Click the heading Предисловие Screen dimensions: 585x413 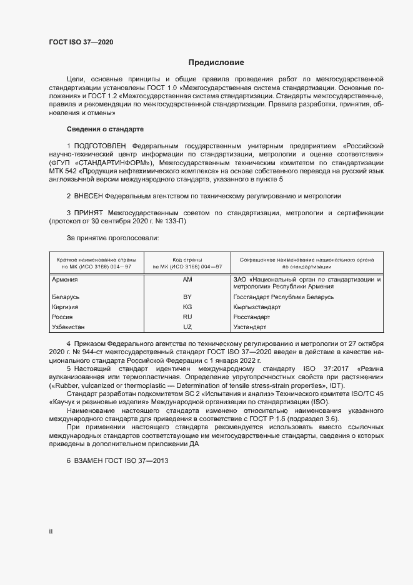tap(216, 63)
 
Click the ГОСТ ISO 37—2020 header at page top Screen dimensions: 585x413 tap(81, 42)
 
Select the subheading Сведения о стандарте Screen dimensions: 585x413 tap(105, 129)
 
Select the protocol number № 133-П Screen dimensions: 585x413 tap(171, 221)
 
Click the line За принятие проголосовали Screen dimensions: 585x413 tap(112, 238)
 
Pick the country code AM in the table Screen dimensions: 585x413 tap(187, 280)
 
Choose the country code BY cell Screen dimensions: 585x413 tap(187, 297)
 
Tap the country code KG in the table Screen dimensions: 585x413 tap(187, 307)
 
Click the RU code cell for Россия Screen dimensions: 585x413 tap(187, 317)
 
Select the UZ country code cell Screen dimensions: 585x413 tap(187, 327)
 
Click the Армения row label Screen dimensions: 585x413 tap(66, 280)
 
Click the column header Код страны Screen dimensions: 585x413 tap(187, 258)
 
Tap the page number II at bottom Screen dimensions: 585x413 tap(51, 531)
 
